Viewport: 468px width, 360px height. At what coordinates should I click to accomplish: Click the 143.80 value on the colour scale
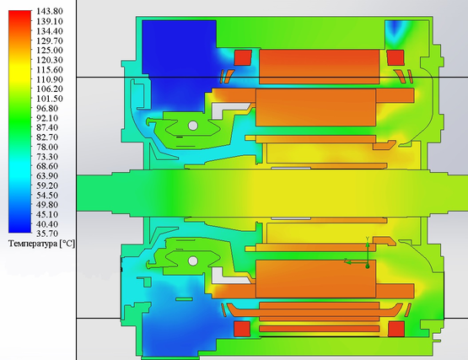pyautogui.click(x=50, y=11)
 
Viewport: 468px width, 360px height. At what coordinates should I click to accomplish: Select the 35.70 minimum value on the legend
pyautogui.click(x=47, y=234)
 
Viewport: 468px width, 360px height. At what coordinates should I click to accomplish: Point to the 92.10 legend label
pyautogui.click(x=47, y=118)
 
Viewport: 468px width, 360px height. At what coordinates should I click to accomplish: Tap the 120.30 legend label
pyautogui.click(x=50, y=60)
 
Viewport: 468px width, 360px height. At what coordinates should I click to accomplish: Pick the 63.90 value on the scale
pyautogui.click(x=47, y=176)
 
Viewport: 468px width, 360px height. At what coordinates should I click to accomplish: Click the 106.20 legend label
pyautogui.click(x=50, y=89)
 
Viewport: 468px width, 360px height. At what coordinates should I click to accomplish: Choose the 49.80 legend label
pyautogui.click(x=47, y=205)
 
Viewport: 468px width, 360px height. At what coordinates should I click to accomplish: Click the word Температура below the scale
pyautogui.click(x=33, y=244)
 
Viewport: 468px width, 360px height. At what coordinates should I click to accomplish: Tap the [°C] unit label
pyautogui.click(x=67, y=244)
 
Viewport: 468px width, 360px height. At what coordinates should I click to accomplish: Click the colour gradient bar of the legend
pyautogui.click(x=19, y=121)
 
